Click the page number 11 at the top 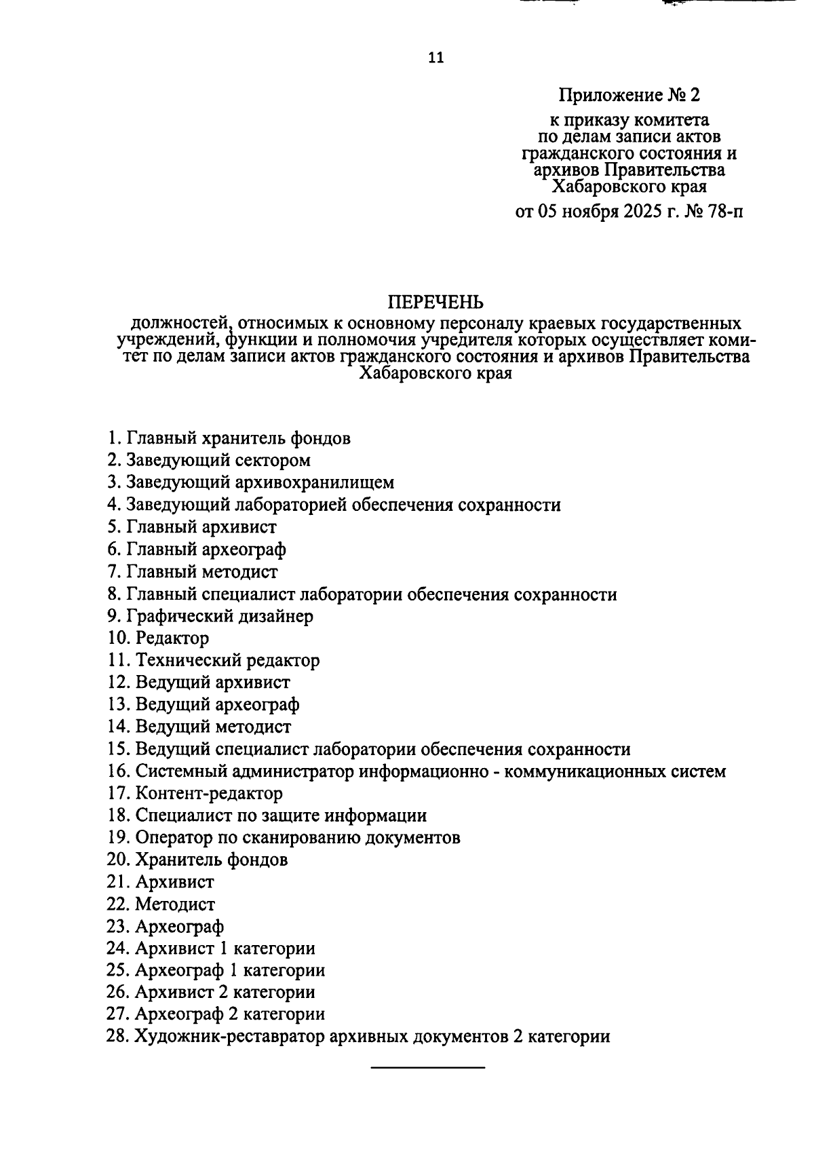[x=435, y=58]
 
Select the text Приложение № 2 [x=629, y=94]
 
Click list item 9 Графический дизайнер [x=210, y=616]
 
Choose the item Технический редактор [x=227, y=660]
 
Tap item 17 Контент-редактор [x=209, y=793]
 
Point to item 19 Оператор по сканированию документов [x=297, y=838]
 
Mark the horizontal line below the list [x=427, y=1069]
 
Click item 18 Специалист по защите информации [x=281, y=815]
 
